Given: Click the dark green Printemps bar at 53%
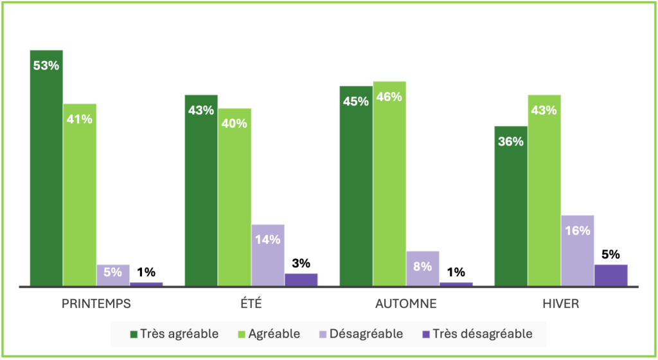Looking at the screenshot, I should point(46,167).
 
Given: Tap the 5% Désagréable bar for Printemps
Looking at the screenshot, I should point(113,275).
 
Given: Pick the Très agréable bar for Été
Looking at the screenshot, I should point(201,190).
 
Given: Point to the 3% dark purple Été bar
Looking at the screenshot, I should point(301,280).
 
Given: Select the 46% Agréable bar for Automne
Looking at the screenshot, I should point(389,183).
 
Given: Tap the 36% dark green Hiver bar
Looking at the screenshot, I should point(511,206).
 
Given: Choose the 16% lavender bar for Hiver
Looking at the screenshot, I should point(577,251).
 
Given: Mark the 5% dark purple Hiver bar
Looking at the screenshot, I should point(610,275).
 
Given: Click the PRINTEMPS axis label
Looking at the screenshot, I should point(96,304).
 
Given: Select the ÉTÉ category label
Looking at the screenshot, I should point(251,304).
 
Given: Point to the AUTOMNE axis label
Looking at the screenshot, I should point(406,304).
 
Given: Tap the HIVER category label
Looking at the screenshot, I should point(561,304).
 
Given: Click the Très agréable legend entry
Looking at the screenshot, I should point(175,334).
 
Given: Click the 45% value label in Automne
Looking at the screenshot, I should point(355,102).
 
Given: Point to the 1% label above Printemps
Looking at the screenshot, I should point(147,273).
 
